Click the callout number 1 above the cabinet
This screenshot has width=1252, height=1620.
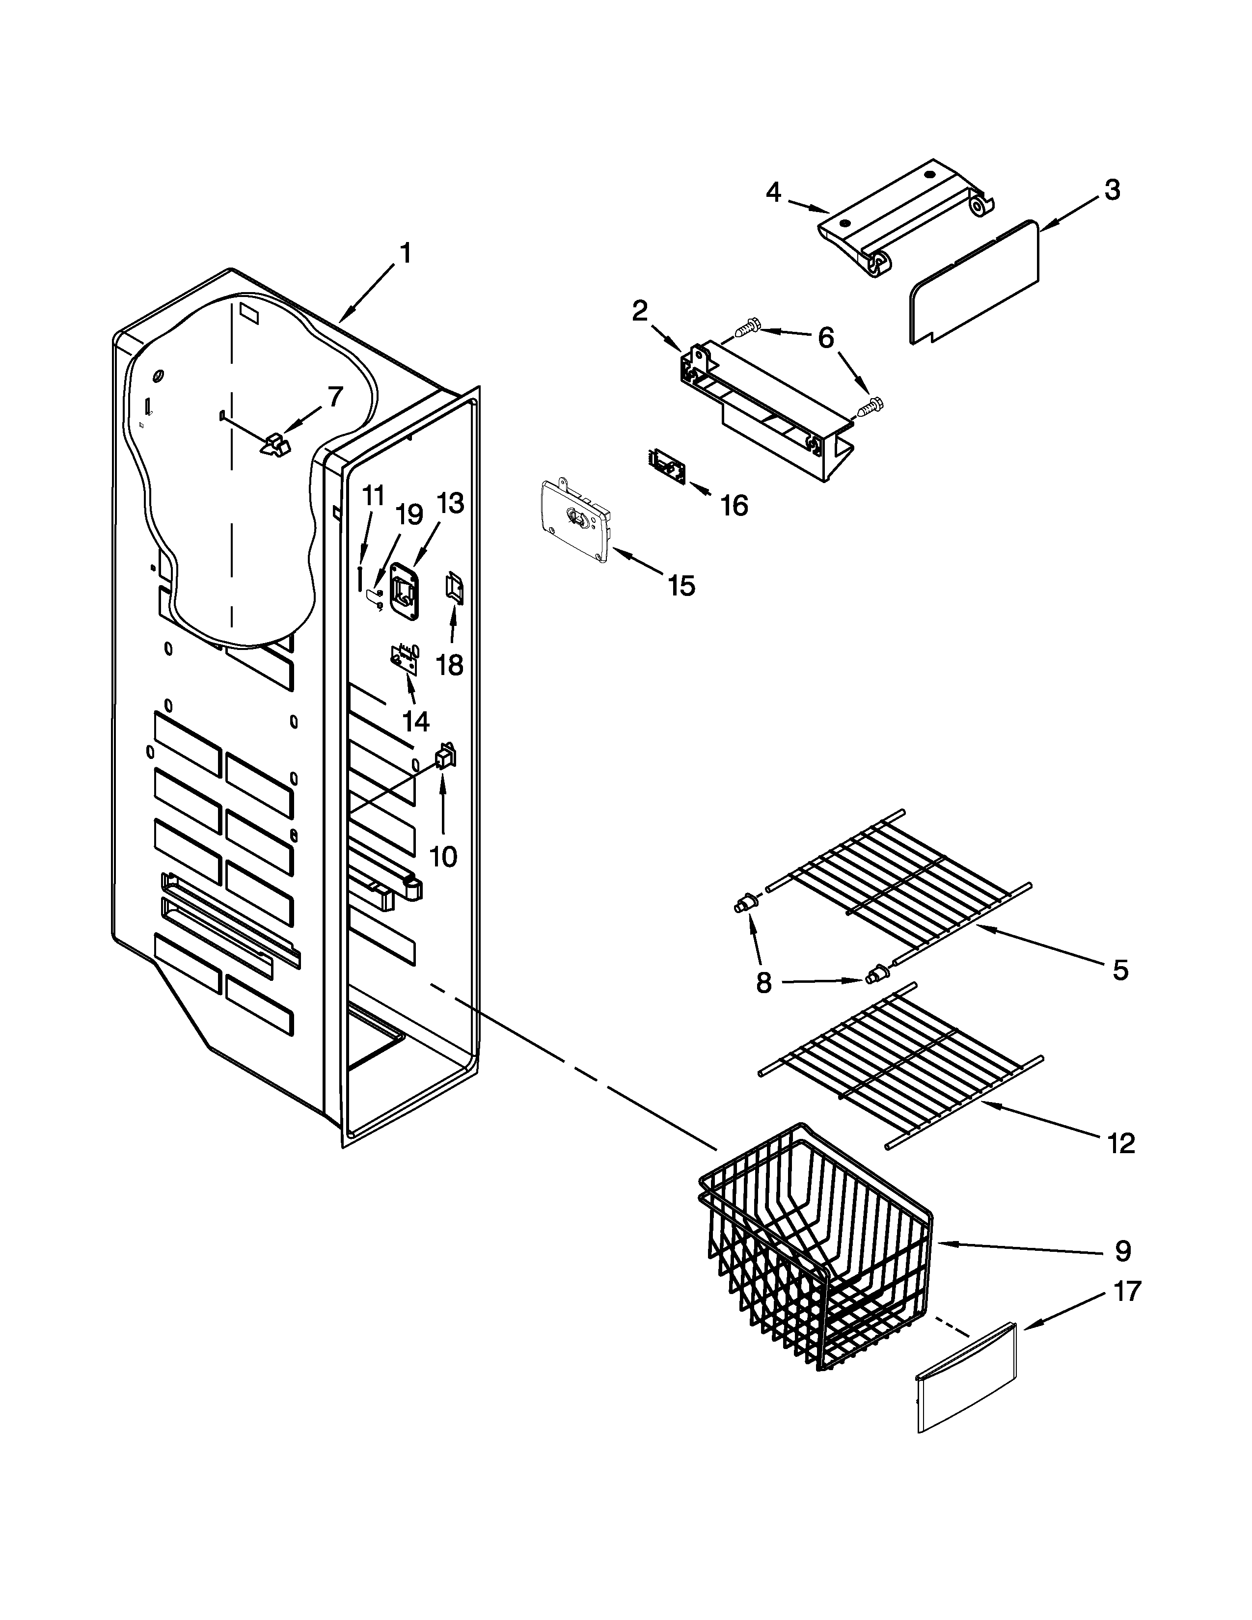point(405,254)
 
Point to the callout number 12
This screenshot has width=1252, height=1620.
point(1121,1144)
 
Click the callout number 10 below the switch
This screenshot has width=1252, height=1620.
point(443,857)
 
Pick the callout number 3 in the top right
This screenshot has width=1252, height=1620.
point(1112,190)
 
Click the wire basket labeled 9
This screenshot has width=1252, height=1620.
point(816,1254)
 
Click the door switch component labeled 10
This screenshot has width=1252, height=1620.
point(445,756)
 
